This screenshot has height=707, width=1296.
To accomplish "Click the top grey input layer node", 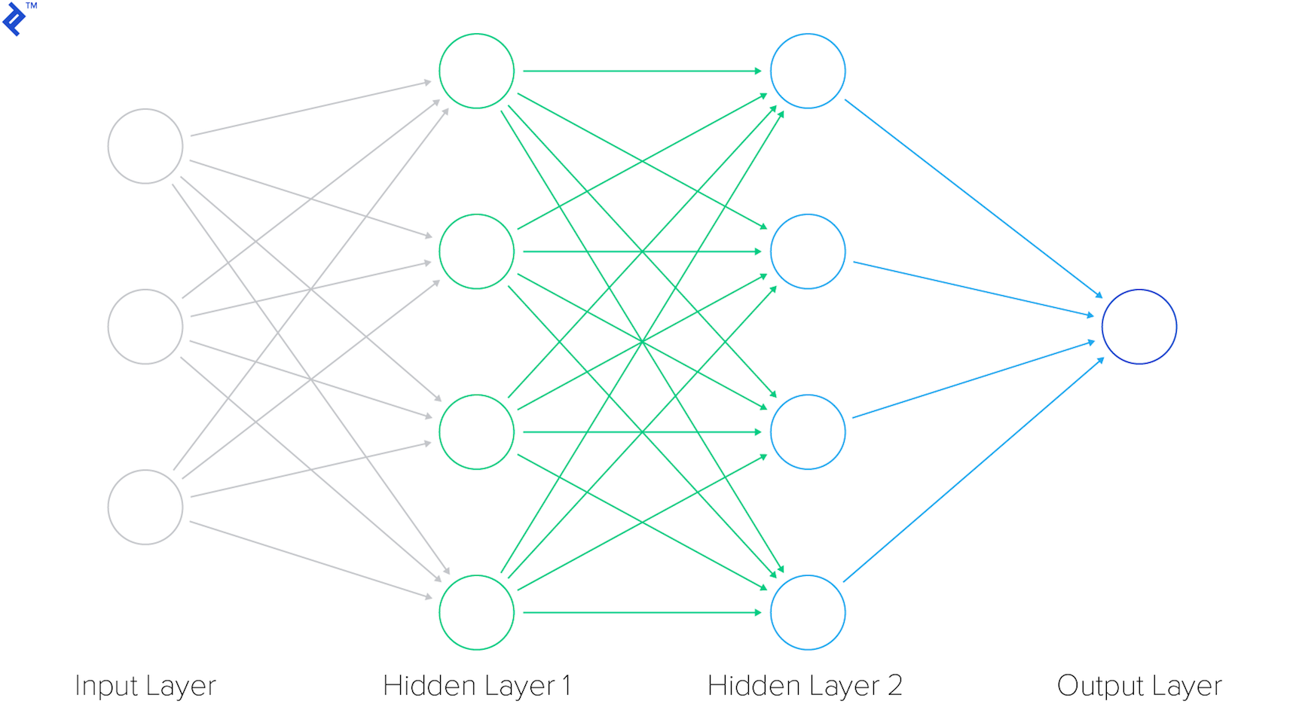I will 145,146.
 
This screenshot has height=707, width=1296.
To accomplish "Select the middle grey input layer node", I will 145,327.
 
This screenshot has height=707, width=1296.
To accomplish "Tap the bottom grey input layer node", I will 145,507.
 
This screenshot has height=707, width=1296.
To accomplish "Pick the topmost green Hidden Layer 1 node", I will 476,71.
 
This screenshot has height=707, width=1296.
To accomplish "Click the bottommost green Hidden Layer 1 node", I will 476,613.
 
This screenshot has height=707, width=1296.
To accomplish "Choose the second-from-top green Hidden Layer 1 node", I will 476,251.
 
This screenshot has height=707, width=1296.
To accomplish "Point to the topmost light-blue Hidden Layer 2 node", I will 808,71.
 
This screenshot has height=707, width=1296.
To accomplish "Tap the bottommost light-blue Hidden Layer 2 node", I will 808,613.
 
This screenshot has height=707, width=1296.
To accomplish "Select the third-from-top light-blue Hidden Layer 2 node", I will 808,432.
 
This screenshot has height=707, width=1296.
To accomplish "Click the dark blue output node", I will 1139,327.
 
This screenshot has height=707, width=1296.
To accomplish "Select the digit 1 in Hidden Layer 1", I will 567,685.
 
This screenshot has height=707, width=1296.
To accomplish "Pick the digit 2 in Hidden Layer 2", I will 894,685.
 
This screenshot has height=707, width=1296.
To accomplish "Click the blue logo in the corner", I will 14,20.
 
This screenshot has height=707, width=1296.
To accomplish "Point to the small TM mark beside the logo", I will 32,6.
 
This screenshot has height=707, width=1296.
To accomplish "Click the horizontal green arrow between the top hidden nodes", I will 640,71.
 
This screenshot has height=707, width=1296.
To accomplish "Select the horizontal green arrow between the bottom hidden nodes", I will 640,613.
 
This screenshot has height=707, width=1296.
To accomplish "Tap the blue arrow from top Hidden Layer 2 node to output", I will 972,197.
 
